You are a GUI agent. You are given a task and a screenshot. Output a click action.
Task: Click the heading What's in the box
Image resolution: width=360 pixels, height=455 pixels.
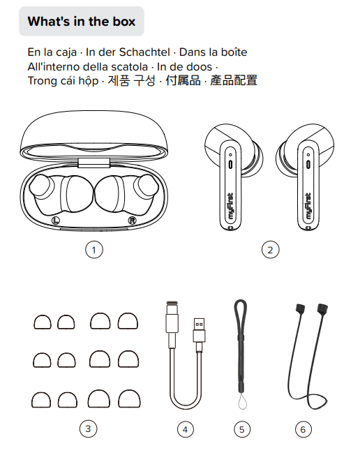pos(82,22)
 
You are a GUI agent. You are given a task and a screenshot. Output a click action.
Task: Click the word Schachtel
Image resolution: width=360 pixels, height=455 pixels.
pos(144,52)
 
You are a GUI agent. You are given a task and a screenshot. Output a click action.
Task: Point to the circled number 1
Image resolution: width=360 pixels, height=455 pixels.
pos(94,250)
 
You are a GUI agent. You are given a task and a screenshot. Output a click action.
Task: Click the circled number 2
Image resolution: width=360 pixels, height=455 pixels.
pos(271,250)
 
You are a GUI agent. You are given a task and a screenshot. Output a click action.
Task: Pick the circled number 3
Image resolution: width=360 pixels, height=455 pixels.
pos(88,428)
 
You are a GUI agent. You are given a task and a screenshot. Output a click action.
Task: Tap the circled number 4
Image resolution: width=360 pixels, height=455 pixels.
pos(185,429)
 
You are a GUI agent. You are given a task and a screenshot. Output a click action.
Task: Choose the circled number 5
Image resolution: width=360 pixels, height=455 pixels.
pos(242,429)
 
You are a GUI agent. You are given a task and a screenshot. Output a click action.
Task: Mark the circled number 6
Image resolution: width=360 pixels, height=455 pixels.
pos(303,429)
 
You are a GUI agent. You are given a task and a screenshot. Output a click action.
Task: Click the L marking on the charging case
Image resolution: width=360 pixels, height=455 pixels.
pos(55,221)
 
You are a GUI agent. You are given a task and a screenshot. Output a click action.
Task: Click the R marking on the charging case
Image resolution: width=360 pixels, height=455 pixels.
pos(132,221)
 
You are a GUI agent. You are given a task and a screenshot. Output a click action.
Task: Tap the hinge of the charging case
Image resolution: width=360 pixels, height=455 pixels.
pos(94,163)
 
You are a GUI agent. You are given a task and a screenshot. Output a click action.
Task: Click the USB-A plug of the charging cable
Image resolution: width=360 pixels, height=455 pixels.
pos(199,330)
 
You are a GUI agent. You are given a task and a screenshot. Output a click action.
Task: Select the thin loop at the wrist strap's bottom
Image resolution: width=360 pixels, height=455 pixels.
pos(242,401)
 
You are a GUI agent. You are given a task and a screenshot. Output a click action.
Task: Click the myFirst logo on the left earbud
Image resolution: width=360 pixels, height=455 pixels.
pos(231,206)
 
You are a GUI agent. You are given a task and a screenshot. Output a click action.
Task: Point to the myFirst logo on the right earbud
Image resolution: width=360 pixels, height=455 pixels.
pos(308,206)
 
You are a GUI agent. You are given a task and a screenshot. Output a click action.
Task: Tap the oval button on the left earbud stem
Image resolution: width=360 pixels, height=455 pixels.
pos(230,165)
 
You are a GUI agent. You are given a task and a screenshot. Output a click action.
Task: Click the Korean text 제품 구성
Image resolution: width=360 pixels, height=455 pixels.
pos(132,81)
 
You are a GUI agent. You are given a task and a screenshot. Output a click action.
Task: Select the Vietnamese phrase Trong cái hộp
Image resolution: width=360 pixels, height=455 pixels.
pos(63,81)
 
